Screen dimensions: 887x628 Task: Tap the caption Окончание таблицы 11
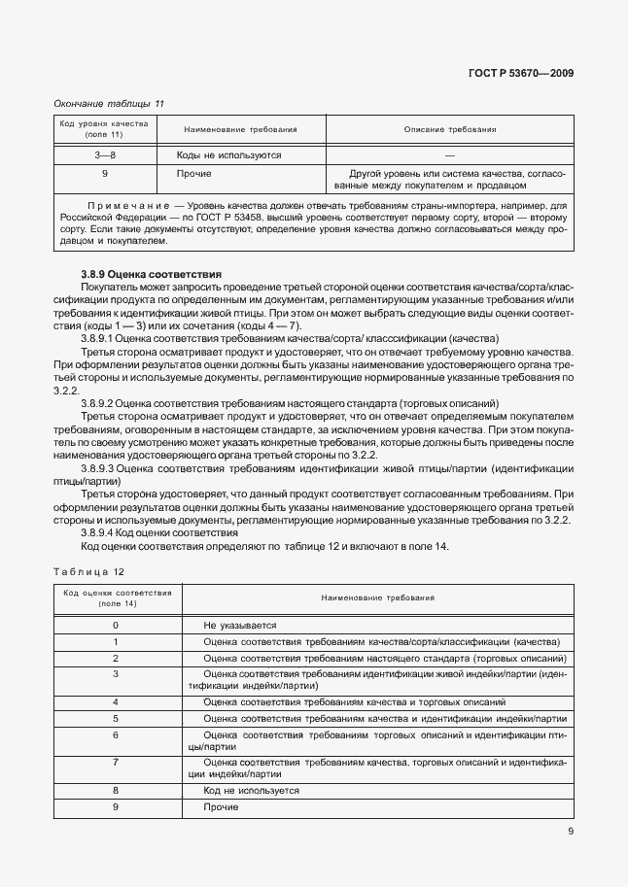point(109,103)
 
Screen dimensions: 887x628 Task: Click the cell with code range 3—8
point(104,154)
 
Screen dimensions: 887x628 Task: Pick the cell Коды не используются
point(228,154)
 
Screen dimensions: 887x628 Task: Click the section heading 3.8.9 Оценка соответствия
point(152,275)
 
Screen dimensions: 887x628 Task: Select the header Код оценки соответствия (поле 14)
point(117,597)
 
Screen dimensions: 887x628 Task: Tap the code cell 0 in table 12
point(116,626)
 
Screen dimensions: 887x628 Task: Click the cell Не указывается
point(240,626)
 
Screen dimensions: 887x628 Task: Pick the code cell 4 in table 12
point(116,701)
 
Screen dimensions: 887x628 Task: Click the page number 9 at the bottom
point(570,832)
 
